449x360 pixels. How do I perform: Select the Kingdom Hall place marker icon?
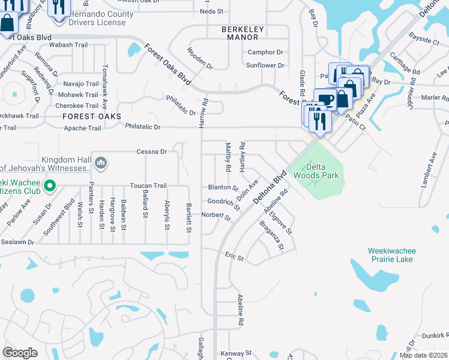[x=101, y=163]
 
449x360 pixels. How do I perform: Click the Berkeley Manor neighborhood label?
[x=247, y=33]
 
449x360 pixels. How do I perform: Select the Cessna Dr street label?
[x=151, y=152]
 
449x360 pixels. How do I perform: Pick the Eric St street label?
[x=234, y=258]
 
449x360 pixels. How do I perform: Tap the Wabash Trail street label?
[x=68, y=45]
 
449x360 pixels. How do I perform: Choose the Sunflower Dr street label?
[x=265, y=65]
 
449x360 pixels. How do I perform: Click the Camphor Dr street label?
[x=265, y=52]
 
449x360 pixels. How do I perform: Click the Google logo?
[x=20, y=353]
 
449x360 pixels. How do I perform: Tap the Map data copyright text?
[x=423, y=355]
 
